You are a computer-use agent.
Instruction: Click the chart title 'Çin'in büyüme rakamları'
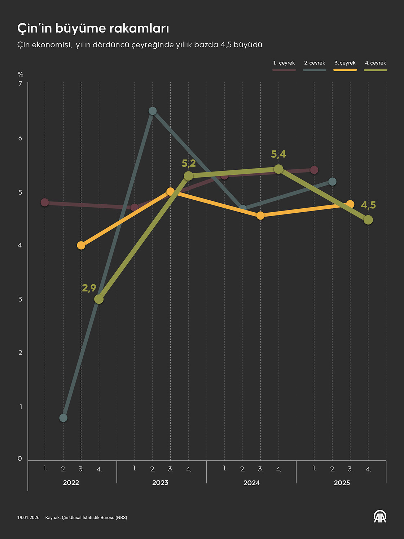(x=93, y=29)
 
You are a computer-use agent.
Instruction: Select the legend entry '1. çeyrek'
(x=284, y=63)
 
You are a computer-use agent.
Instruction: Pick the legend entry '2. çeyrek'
(x=315, y=63)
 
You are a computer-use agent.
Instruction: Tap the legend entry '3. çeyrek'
(x=345, y=63)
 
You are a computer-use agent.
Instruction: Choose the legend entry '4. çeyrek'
(x=375, y=63)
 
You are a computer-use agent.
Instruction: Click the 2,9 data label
(x=89, y=288)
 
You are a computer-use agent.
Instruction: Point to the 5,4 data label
(x=278, y=154)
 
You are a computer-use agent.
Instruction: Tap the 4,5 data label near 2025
(x=368, y=205)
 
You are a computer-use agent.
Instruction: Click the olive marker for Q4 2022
(x=99, y=299)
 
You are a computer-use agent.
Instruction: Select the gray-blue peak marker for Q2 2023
(x=153, y=111)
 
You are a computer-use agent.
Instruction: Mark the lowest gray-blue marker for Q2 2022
(x=63, y=418)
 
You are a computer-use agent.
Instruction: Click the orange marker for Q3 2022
(x=81, y=245)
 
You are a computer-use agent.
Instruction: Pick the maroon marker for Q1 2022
(x=45, y=202)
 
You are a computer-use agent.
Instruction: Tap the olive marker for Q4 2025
(x=368, y=220)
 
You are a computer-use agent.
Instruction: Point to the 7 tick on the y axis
(x=21, y=84)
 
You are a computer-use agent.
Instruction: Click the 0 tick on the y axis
(x=20, y=458)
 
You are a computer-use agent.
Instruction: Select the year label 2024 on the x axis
(x=251, y=483)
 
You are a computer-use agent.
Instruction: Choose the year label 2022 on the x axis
(x=71, y=483)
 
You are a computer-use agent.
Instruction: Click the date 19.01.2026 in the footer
(x=28, y=518)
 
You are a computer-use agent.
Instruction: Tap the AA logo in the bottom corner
(x=380, y=517)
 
